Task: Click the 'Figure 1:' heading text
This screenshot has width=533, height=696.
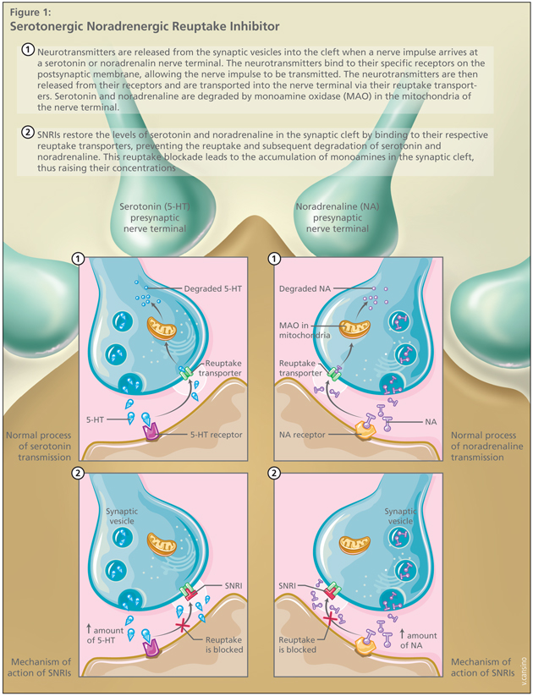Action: coord(30,12)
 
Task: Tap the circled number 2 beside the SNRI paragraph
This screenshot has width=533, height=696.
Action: coord(29,134)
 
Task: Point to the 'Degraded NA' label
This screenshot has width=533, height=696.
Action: coord(310,288)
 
